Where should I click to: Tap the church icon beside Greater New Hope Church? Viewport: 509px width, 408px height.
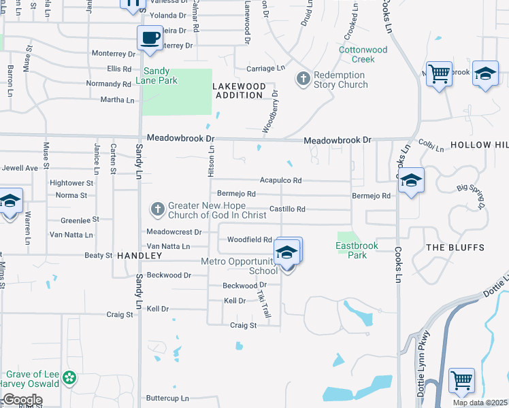tap(157, 209)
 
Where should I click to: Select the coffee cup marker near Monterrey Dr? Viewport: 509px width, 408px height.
tap(149, 38)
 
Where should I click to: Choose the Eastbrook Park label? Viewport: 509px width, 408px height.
tap(352, 250)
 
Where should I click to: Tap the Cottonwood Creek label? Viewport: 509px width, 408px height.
tap(363, 54)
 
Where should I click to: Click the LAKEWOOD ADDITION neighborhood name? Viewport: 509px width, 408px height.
tap(238, 90)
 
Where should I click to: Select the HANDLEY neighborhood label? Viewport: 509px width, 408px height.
tap(139, 256)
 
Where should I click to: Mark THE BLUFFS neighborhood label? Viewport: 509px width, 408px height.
tap(455, 248)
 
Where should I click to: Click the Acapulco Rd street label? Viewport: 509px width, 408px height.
tap(280, 181)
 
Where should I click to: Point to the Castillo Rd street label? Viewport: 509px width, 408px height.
tap(287, 209)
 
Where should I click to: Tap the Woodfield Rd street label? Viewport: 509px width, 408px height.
tap(249, 240)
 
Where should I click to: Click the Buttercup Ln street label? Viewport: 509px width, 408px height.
tap(167, 398)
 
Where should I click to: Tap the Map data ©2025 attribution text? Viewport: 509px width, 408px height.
tap(480, 403)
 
